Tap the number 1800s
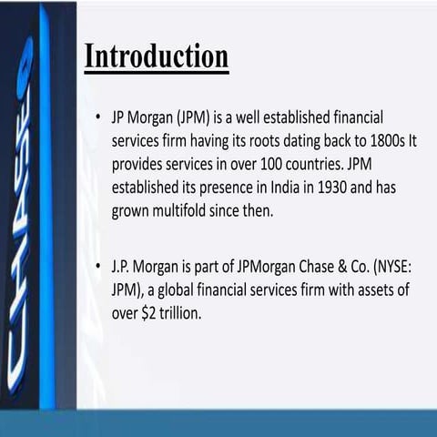[x=359, y=141]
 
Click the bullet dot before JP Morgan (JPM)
[x=97, y=119]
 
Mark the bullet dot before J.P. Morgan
[x=97, y=270]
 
